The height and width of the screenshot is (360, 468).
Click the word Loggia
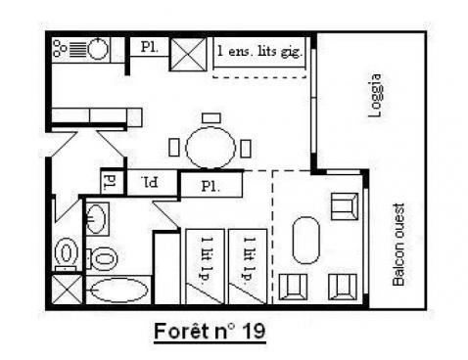click(373, 95)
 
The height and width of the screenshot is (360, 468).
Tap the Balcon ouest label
click(398, 244)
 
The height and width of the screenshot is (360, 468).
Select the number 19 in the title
click(252, 332)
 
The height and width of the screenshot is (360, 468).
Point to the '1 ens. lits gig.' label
click(259, 49)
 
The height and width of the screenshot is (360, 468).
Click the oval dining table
click(210, 148)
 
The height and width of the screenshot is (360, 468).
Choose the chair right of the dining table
click(246, 149)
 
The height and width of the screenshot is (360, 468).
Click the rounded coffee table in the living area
click(306, 242)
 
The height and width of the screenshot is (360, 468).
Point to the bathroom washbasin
click(96, 219)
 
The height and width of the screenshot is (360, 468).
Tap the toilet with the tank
click(66, 251)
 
